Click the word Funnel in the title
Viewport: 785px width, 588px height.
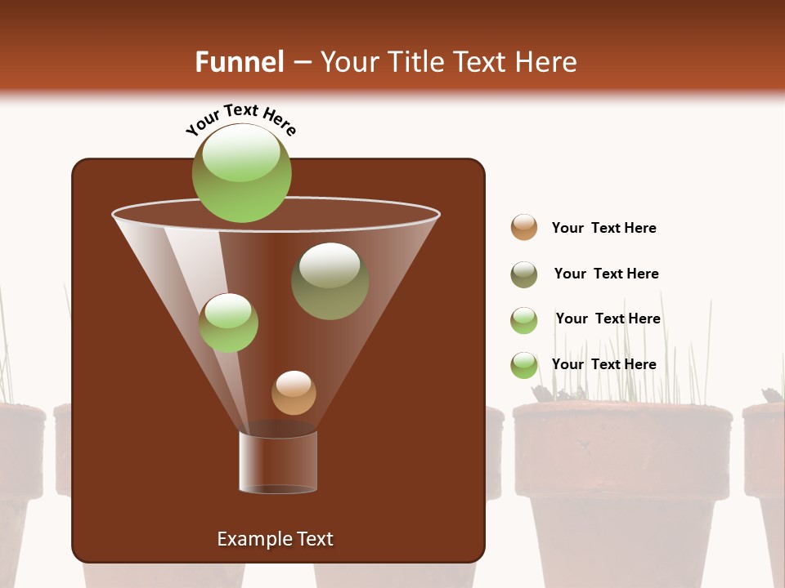[239, 62]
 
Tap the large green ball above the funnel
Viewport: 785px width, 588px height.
[241, 173]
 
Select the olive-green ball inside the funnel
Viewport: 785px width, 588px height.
[330, 281]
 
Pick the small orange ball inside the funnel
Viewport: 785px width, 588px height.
[294, 393]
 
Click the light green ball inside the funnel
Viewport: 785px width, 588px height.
[229, 323]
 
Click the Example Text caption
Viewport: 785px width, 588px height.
[275, 539]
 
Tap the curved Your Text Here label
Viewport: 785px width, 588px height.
[240, 120]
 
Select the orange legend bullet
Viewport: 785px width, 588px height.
[524, 227]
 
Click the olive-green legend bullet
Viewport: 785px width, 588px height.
[524, 274]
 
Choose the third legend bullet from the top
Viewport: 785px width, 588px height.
[524, 320]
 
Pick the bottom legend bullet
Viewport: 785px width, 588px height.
[524, 365]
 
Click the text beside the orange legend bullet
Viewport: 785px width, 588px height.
[603, 228]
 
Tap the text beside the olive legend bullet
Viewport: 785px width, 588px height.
[606, 274]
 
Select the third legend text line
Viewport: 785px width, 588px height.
[608, 318]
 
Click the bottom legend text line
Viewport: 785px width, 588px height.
[603, 364]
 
